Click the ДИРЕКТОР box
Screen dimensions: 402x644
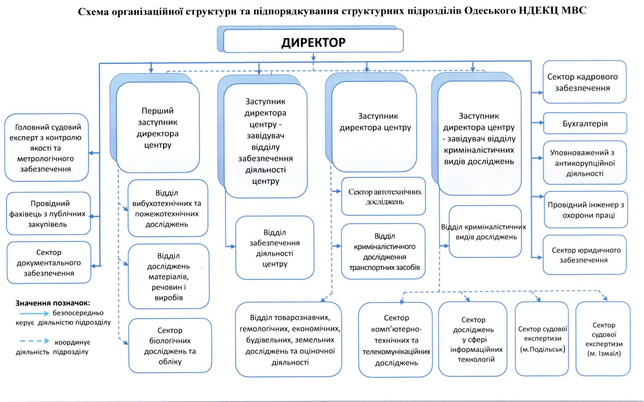pos(313,41)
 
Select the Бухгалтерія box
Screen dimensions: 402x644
pos(585,123)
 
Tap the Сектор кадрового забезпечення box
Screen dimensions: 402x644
pos(584,82)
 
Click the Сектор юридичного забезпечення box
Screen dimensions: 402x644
pos(584,255)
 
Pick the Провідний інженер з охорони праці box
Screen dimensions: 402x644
pos(586,210)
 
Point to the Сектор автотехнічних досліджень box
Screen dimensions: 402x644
pos(384,196)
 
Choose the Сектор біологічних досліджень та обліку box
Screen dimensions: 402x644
pos(170,345)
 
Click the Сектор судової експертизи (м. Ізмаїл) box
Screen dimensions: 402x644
pos(603,338)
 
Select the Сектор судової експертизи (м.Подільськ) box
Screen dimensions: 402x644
pos(542,338)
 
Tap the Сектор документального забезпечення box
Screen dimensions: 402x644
pos(49,262)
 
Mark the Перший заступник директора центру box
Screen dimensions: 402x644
pos(158,127)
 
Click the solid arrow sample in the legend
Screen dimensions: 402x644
pos(34,313)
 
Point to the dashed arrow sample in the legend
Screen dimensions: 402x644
pos(35,341)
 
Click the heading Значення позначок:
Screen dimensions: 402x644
pos(53,303)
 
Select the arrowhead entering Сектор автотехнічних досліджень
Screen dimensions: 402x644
pos(338,191)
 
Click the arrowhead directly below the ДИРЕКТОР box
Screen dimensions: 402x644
pos(313,58)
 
